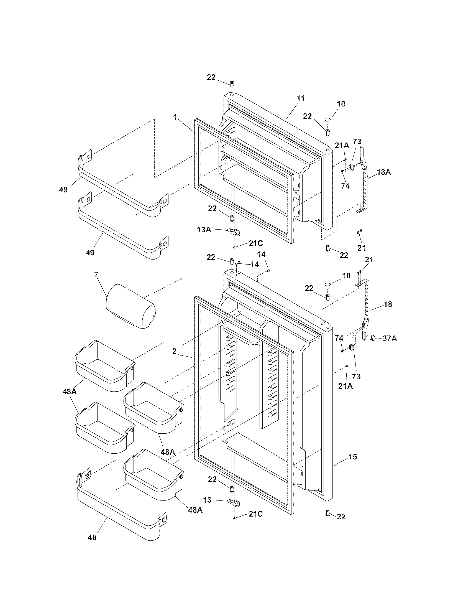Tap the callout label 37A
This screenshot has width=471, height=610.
point(390,339)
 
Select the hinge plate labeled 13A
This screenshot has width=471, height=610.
point(233,231)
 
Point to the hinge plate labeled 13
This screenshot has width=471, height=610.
point(234,503)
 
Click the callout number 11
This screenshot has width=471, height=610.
point(301,98)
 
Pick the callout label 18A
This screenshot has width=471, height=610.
point(384,172)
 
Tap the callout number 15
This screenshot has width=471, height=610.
point(353,457)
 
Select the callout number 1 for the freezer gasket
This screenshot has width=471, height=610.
point(175,117)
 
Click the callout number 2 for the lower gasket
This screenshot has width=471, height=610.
point(174,351)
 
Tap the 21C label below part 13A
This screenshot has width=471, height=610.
point(256,243)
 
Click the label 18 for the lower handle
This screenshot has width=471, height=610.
point(388,304)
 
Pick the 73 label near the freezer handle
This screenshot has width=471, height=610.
point(357,142)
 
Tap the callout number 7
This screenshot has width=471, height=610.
point(96,274)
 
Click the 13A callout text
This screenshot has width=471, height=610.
point(204,230)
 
